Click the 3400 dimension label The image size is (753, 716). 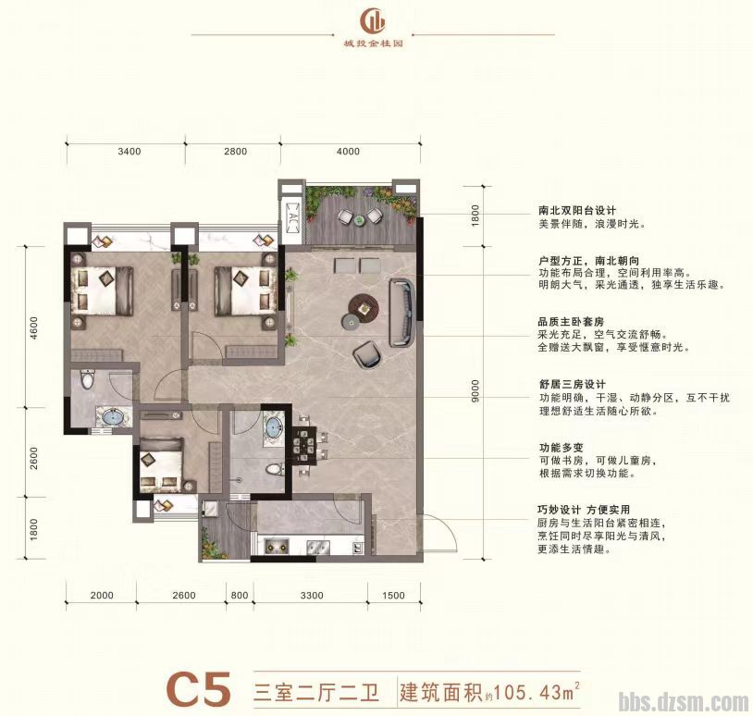[x=129, y=152]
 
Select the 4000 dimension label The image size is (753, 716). [x=348, y=152]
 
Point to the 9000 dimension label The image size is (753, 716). [x=475, y=392]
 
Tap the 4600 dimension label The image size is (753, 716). [x=32, y=329]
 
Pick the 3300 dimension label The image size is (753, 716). [x=313, y=595]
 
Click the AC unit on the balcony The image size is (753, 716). [x=292, y=219]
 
